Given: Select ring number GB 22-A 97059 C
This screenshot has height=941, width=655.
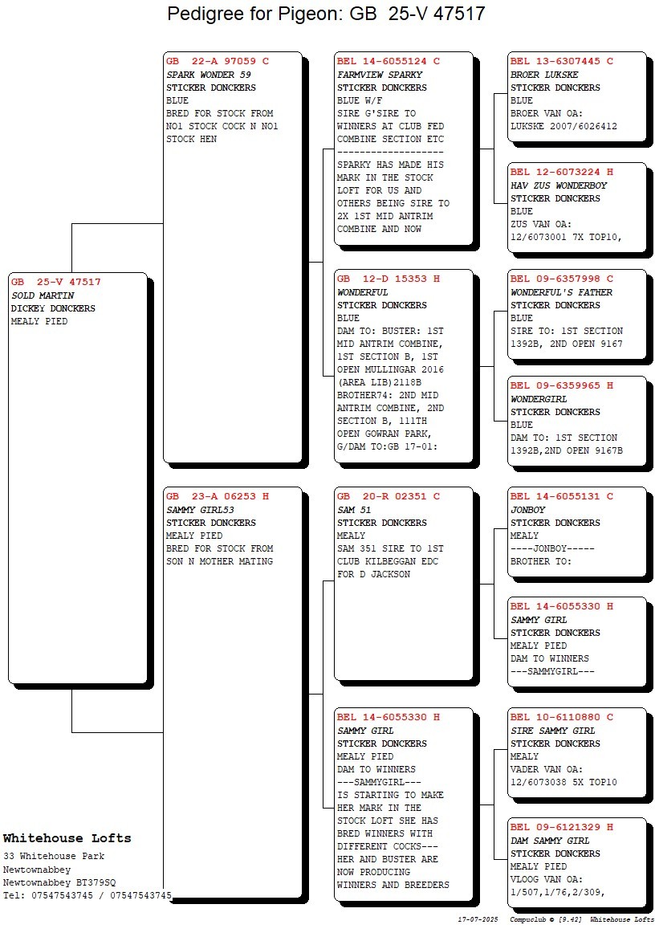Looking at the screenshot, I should [x=218, y=61].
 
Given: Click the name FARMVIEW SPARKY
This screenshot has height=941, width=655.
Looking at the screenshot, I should [x=380, y=75].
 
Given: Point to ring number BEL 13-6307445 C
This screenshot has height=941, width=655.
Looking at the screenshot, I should [x=562, y=61].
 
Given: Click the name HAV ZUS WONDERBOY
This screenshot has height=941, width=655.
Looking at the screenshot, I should [x=559, y=185].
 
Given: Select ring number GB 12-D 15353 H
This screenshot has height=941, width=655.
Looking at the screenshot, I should [x=389, y=279].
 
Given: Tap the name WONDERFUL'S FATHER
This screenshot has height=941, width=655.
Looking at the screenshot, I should [x=561, y=292].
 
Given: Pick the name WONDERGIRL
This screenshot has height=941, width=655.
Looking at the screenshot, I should [x=539, y=399].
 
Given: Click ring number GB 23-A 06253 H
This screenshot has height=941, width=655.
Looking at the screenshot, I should [x=218, y=496].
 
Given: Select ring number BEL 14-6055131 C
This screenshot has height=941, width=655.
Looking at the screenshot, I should [x=562, y=496].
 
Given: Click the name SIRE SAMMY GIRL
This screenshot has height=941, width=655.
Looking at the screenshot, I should [x=553, y=731].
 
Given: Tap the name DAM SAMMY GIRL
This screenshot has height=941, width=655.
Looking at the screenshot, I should [x=550, y=841].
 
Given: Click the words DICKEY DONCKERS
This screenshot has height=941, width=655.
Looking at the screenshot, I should [x=53, y=308].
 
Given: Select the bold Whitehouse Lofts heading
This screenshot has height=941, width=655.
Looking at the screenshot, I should [x=67, y=838].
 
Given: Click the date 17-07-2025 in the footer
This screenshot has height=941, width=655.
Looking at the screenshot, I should [x=478, y=919].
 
